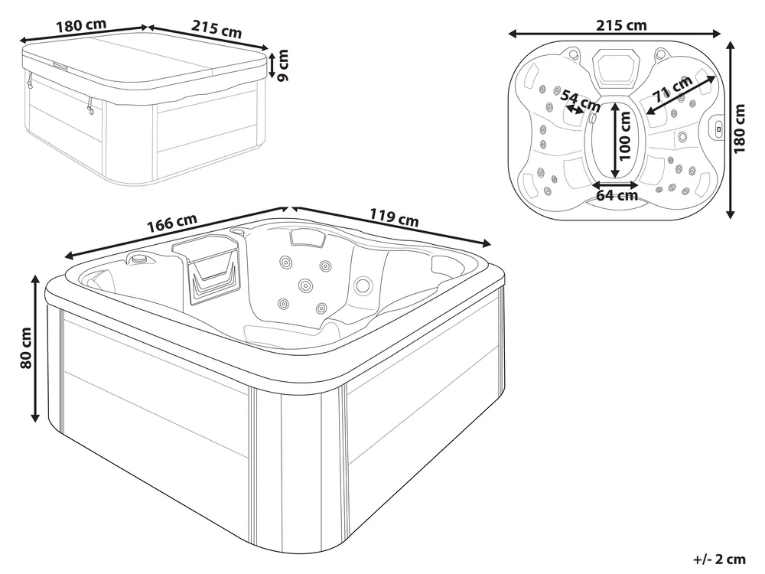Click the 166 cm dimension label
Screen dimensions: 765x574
pyautogui.click(x=172, y=222)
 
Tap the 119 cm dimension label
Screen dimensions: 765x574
pyautogui.click(x=394, y=217)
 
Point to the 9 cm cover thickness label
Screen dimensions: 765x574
pyautogui.click(x=282, y=65)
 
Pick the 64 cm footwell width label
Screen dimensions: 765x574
pyautogui.click(x=617, y=195)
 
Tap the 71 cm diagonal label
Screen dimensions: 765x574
pyautogui.click(x=672, y=89)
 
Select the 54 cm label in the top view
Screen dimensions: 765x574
pyautogui.click(x=580, y=99)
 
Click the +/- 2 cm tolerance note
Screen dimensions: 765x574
pyautogui.click(x=720, y=559)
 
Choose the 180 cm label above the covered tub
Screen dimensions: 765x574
pyautogui.click(x=81, y=25)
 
